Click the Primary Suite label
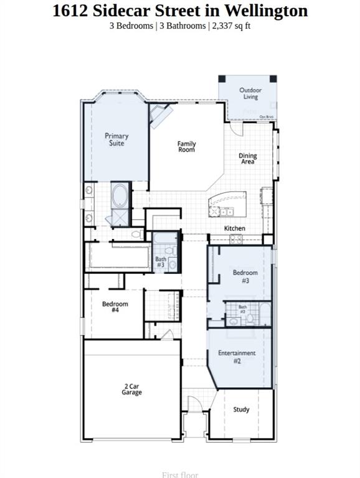pos(116,139)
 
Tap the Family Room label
pos(186,147)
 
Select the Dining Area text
pos(248,159)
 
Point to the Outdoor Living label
pos(250,93)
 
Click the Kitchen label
pos(235,228)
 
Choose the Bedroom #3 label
pos(245,276)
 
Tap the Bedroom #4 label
pos(115,307)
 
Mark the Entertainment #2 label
pos(237,357)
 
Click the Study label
pos(241,410)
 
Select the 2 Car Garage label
pos(132,390)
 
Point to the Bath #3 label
pos(161,262)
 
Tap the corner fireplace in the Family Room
pos(159,115)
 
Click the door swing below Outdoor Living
pos(237,128)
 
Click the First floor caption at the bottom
pos(180,474)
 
